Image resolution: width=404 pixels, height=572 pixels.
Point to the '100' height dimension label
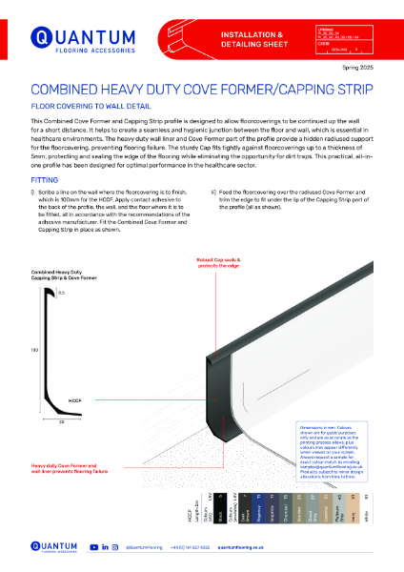pos(34,350)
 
